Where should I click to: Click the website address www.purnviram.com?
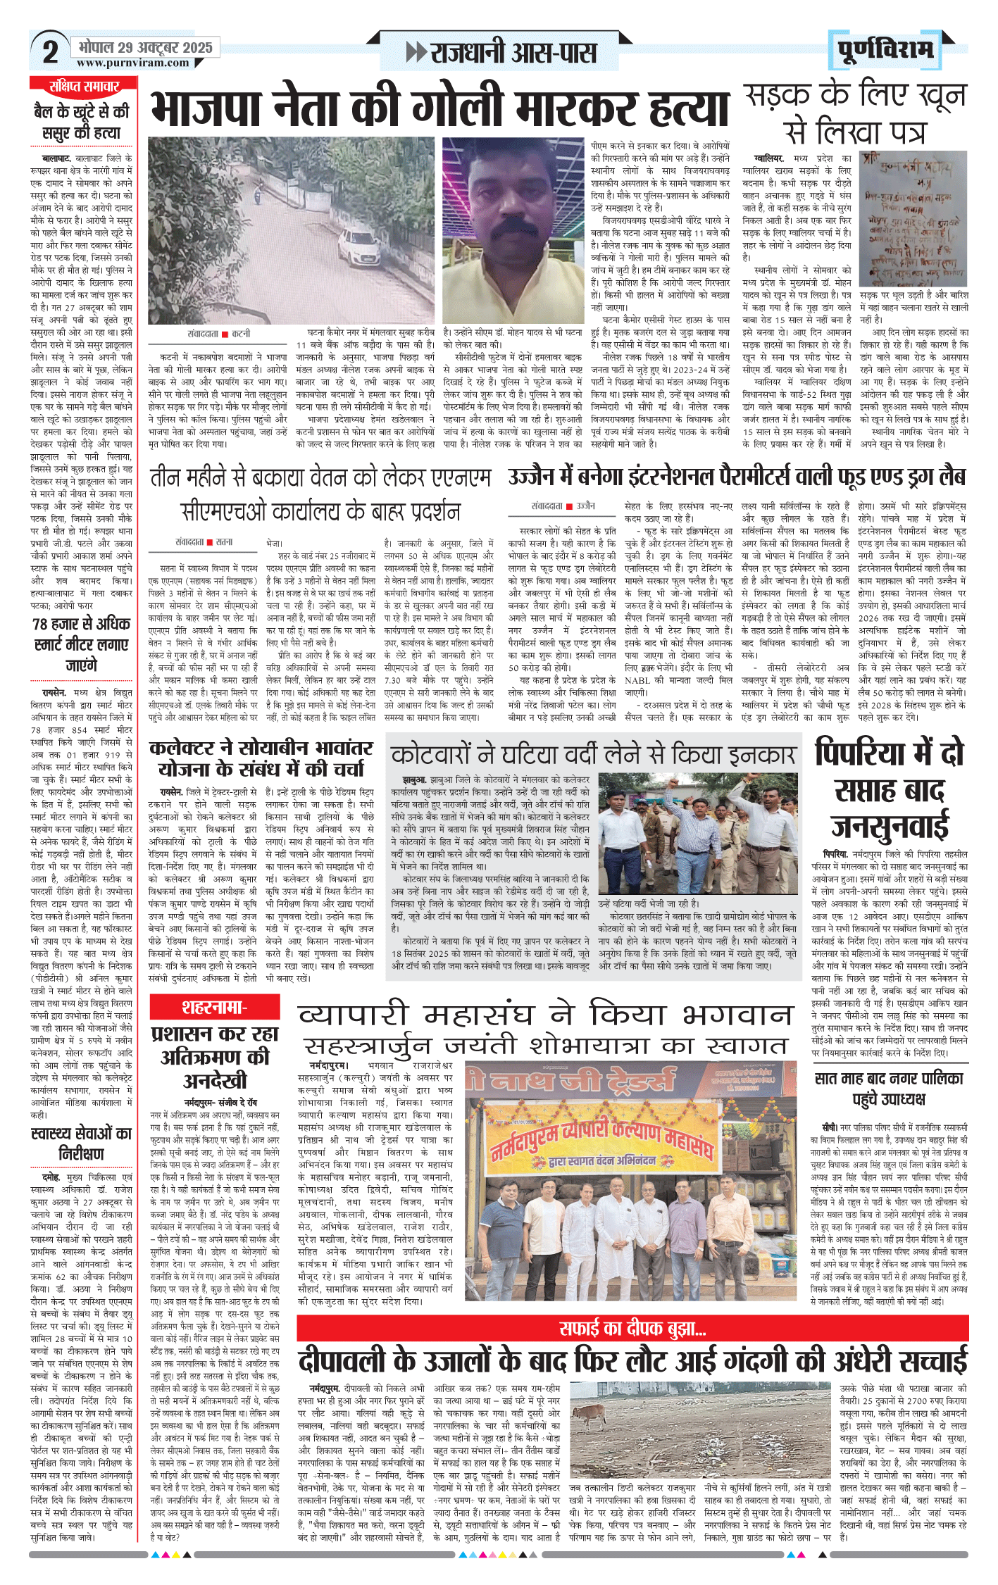point(133,63)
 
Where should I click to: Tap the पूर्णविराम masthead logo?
point(885,50)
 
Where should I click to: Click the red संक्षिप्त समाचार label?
point(84,87)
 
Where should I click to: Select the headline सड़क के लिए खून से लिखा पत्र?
point(855,113)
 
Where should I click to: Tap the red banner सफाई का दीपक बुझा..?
point(632,1329)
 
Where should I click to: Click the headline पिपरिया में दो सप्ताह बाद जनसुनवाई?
point(890,790)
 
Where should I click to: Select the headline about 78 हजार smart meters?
point(81,644)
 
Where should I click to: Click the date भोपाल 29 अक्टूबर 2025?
point(145,48)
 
